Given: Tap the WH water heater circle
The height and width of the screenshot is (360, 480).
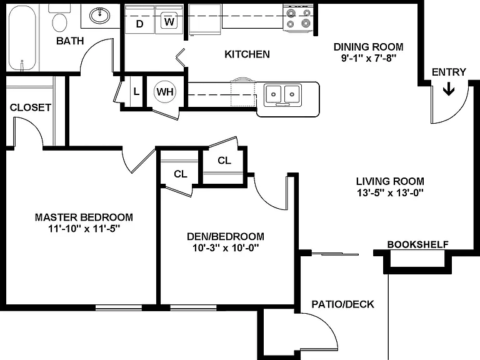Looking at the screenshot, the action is [x=165, y=91].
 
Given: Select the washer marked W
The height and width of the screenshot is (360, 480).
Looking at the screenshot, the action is [x=169, y=21].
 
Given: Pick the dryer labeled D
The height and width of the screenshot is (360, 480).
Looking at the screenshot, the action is [x=139, y=20].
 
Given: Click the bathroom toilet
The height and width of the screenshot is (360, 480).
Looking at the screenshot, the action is [x=60, y=18].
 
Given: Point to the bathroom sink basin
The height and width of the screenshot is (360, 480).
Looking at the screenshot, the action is [x=100, y=15].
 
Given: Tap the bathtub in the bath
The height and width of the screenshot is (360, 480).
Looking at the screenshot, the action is [x=22, y=38].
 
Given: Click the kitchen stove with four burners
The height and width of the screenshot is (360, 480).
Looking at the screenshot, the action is [x=299, y=18].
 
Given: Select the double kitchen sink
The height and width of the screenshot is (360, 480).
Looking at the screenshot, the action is [x=283, y=94].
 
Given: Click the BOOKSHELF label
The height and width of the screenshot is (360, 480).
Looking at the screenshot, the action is [x=418, y=244].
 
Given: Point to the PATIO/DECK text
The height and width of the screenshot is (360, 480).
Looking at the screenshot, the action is [x=342, y=304].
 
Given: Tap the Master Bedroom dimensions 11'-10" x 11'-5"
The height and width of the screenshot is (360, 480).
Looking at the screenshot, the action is [x=84, y=228].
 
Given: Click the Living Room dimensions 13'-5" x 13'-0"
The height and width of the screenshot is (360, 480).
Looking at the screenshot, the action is [x=390, y=193].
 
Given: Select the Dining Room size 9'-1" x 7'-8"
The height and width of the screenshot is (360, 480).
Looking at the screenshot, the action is [x=369, y=58].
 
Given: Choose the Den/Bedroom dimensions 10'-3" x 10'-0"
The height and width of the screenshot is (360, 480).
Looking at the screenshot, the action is [x=226, y=247].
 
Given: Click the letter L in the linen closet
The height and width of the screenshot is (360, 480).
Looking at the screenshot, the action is [x=136, y=91].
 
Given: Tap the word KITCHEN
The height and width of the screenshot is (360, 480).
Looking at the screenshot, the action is [x=247, y=54].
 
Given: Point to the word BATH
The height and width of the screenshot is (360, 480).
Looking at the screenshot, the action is [x=70, y=41].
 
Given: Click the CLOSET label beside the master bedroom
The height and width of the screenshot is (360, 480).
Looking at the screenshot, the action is [x=30, y=107].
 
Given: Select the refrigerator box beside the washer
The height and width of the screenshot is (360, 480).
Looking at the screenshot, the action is [x=205, y=19].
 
